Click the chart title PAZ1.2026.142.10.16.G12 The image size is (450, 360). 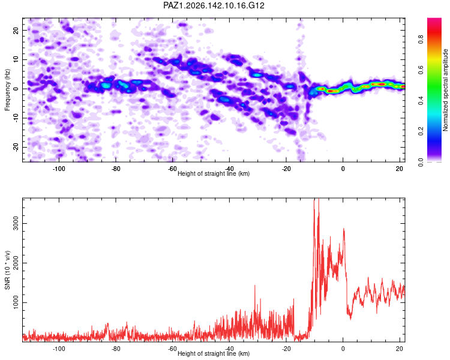point(214,5)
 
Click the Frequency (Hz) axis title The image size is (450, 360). point(7,90)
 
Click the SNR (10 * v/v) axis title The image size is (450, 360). point(7,270)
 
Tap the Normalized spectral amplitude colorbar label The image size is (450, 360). point(445,90)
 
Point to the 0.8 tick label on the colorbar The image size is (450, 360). point(421,40)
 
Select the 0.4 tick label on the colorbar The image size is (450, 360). point(421,101)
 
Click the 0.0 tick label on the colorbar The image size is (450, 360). point(421,162)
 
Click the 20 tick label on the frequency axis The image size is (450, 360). point(16,30)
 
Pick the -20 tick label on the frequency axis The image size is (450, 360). point(16,147)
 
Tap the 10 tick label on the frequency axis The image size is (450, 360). point(16,59)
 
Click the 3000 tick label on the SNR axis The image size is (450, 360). point(16,223)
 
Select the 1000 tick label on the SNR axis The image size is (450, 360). point(16,302)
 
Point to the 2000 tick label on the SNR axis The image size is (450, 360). point(16,263)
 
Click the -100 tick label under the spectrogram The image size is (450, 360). point(59,169)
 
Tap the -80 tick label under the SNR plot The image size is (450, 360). point(115,349)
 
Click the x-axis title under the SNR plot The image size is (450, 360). point(214,353)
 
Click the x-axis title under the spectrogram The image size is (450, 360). point(214,173)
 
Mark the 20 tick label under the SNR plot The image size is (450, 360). point(400,349)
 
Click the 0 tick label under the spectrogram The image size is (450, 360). point(343,169)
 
